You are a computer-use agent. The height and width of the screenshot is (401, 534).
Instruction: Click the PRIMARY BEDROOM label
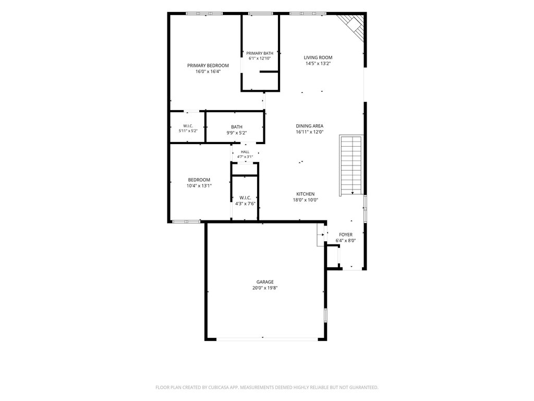coord(208,65)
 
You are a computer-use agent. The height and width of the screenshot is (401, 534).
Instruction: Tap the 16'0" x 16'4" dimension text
coord(208,72)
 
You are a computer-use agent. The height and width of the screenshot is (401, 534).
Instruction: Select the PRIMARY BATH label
coord(260,53)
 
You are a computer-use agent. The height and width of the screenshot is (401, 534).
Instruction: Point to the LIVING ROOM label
coord(318,57)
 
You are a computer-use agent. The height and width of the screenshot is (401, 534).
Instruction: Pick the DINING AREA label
coord(310,126)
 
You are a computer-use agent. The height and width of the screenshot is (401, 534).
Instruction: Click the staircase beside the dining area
coord(351,166)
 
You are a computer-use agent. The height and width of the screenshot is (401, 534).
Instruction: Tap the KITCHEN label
coord(306,194)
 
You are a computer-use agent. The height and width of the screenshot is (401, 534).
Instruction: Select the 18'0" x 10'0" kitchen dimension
coord(306,200)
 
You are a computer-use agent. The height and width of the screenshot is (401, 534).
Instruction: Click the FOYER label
coord(346,234)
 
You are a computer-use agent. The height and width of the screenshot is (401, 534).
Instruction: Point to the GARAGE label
coord(265,282)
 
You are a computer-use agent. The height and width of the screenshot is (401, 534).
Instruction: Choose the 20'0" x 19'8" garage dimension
coord(265,288)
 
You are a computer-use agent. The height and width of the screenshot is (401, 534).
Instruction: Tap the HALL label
coord(245,152)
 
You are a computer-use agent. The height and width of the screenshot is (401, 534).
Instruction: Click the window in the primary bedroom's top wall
coord(204,14)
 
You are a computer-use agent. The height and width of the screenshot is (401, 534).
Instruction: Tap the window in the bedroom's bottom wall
coord(186,221)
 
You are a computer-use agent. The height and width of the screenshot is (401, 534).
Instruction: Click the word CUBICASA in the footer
coord(227,387)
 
